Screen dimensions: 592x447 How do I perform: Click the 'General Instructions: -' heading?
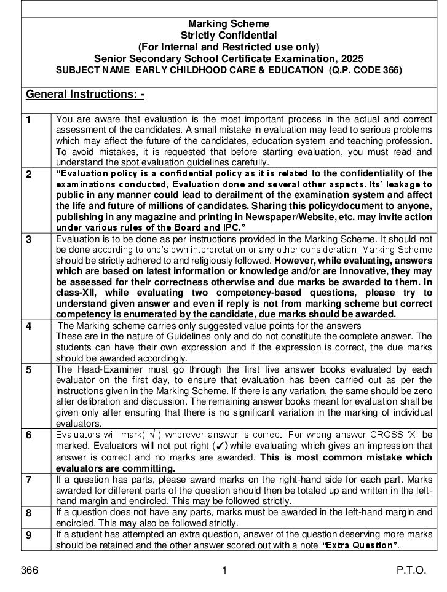tap(85, 95)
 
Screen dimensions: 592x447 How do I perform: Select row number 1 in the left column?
tap(29, 120)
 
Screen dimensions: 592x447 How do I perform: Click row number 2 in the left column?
tap(29, 175)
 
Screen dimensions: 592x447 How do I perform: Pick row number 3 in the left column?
tap(29, 240)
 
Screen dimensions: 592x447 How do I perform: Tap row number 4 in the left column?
tap(29, 326)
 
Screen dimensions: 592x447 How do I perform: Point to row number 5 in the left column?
tap(29, 370)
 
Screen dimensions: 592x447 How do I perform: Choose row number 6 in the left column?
tap(29, 435)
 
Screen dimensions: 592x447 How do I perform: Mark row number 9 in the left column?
tap(29, 535)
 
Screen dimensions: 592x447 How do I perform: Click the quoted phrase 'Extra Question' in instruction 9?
tap(360, 545)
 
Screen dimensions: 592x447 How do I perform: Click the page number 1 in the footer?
tap(224, 570)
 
